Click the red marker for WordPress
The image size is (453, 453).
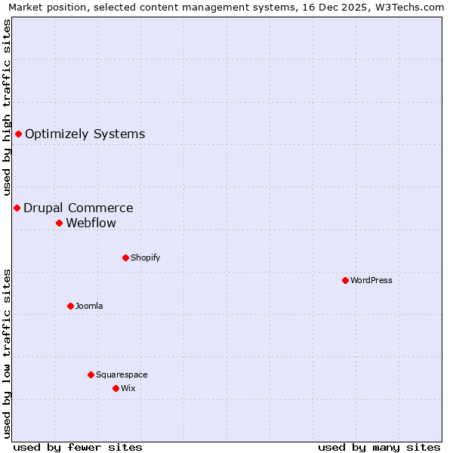(345, 280)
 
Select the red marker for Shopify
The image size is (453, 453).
(125, 257)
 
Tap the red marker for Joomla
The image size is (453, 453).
(70, 306)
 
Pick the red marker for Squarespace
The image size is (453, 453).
(91, 374)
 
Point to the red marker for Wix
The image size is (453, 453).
(116, 388)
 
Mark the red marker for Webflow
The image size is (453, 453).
(59, 223)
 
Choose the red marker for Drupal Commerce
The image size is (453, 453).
(17, 208)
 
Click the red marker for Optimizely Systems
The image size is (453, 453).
(18, 134)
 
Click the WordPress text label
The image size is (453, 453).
(371, 280)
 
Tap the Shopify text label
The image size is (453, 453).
(146, 257)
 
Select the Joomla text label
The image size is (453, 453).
(89, 306)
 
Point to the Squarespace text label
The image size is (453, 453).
(122, 374)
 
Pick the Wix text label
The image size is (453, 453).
(128, 388)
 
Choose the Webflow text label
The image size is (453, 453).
(91, 223)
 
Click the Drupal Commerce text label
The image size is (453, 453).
(79, 208)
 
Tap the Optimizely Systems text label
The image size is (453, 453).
(85, 134)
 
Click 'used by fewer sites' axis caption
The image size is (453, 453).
(78, 447)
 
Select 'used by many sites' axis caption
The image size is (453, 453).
(379, 447)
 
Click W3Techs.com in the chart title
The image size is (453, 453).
(408, 7)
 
